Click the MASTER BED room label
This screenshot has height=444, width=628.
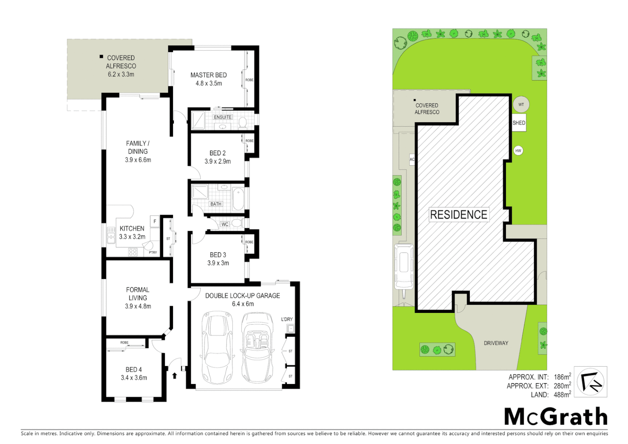coord(208,75)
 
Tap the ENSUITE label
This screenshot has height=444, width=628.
coord(223,117)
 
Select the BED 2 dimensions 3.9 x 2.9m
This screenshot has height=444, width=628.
coord(218,162)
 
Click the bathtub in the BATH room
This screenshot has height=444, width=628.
coord(238,199)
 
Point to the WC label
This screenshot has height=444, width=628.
coord(225,224)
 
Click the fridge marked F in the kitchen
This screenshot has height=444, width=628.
coord(155,222)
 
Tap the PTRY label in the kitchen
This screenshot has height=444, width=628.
coord(153,252)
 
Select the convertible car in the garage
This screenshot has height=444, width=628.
coord(258,347)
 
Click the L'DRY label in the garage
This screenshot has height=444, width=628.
coord(287,319)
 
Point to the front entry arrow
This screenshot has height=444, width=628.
coord(175,375)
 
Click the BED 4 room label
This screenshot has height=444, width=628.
coord(134,370)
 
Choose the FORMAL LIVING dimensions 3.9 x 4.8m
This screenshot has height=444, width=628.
coord(138,306)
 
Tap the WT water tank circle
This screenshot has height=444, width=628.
coord(521,104)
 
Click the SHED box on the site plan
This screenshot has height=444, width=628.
coord(519,123)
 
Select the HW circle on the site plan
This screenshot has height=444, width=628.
coord(518,151)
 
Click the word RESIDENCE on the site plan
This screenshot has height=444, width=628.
coord(459,215)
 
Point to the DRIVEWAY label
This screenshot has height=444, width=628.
coord(496,343)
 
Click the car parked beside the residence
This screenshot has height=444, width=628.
coord(404,266)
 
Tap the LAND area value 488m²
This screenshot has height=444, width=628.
coord(562,395)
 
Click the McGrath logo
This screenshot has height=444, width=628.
coord(556,416)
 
